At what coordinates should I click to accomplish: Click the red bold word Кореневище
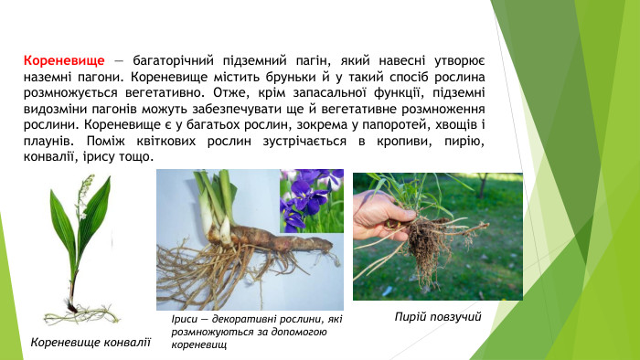[x=65, y=58]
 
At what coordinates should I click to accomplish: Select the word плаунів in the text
[x=50, y=142]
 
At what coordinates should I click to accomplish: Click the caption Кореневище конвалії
[x=90, y=342]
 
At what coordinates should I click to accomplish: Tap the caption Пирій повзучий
[x=438, y=316]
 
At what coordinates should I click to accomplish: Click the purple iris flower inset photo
[x=311, y=202]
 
